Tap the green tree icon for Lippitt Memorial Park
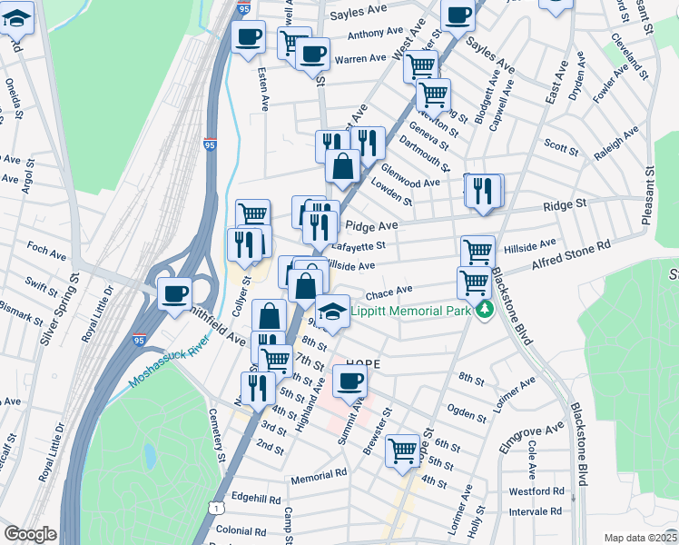[486, 311]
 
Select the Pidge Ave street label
[369, 225]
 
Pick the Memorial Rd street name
[320, 476]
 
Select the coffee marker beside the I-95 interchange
[174, 292]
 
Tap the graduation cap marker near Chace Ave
[333, 311]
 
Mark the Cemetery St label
[221, 443]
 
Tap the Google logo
[30, 534]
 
